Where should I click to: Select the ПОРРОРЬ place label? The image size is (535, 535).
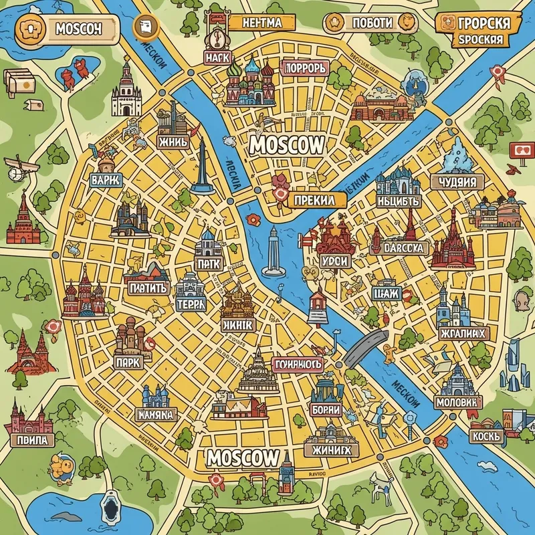click(304, 68)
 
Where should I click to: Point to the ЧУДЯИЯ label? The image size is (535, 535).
click(458, 182)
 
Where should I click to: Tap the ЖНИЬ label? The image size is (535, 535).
click(173, 142)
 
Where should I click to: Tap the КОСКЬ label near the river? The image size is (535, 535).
click(486, 435)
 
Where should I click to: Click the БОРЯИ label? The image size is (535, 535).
click(326, 410)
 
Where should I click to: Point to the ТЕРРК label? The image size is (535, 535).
click(191, 303)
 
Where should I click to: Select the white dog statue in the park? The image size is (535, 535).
click(384, 484)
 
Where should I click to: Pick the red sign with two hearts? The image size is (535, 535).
click(523, 151)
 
